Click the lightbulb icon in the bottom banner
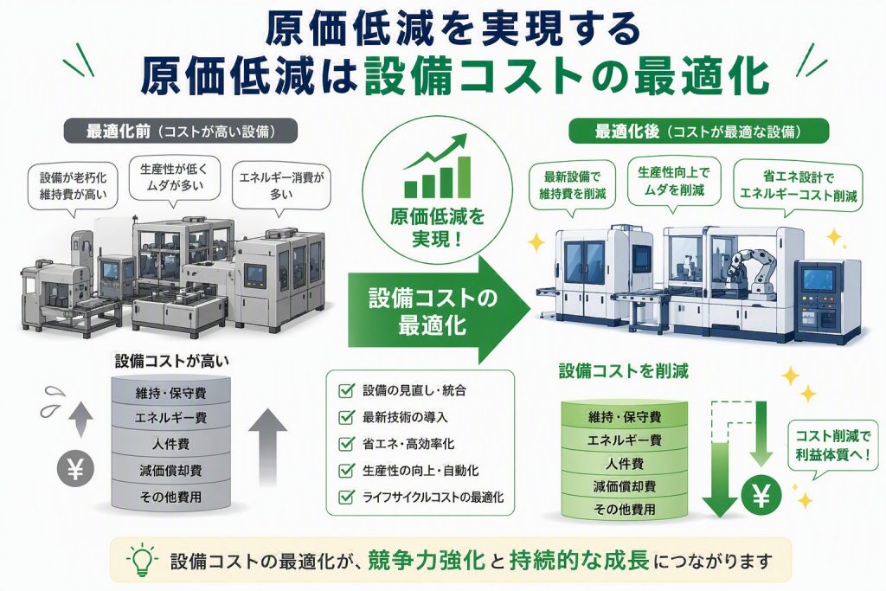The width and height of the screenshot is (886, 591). (142, 559)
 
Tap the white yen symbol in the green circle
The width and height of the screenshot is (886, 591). (761, 496)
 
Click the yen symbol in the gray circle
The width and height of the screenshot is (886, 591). (76, 469)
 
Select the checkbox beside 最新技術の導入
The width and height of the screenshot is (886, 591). (346, 417)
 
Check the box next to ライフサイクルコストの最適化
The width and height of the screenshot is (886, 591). (346, 498)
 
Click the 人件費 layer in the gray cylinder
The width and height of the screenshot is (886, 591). (170, 444)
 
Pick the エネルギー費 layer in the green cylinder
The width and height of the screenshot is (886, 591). (625, 440)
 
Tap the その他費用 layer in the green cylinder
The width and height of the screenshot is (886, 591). (625, 509)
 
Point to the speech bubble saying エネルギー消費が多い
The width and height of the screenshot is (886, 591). (281, 188)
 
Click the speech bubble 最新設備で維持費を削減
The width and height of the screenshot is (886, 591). (573, 187)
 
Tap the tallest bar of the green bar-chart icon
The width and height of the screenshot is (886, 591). (464, 177)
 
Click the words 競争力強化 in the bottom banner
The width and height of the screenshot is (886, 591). (427, 560)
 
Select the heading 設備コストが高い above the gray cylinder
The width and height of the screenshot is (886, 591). (172, 361)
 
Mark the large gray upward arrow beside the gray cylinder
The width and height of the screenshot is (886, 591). (268, 447)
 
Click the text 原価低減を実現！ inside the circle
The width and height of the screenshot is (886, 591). (437, 227)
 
